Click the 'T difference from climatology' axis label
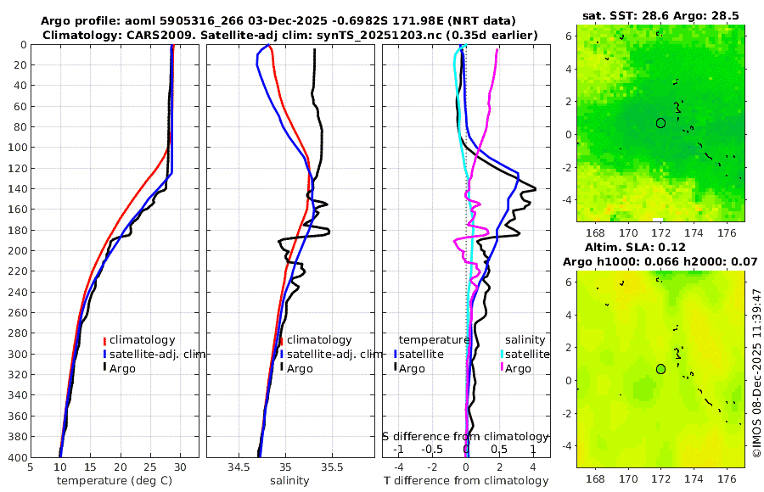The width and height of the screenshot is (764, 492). pyautogui.click(x=467, y=481)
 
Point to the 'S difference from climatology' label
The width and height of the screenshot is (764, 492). pyautogui.click(x=465, y=435)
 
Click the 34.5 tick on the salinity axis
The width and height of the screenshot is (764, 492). pyautogui.click(x=239, y=467)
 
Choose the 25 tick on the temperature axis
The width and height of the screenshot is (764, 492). pyautogui.click(x=150, y=467)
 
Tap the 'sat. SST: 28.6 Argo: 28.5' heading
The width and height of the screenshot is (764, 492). pyautogui.click(x=660, y=15)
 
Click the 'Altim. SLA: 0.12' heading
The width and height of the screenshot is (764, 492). pyautogui.click(x=660, y=246)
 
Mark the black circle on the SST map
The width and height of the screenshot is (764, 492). pyautogui.click(x=660, y=123)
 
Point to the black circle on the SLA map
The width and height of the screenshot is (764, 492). pyautogui.click(x=660, y=369)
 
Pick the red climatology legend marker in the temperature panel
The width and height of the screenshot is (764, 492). pyautogui.click(x=105, y=340)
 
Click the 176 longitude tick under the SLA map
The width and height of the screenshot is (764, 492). pyautogui.click(x=726, y=479)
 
